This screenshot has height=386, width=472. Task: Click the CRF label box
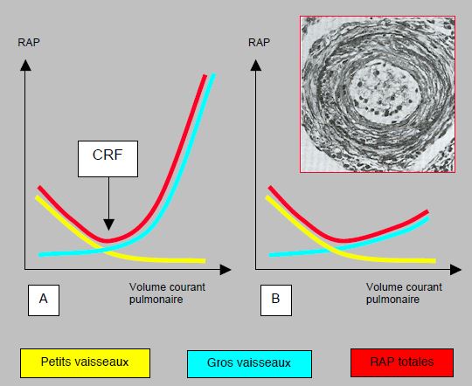pyautogui.click(x=108, y=159)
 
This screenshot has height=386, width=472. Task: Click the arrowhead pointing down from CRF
pyautogui.click(x=108, y=224)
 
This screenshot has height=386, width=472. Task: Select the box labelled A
pyautogui.click(x=44, y=300)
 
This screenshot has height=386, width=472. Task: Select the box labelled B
pyautogui.click(x=276, y=300)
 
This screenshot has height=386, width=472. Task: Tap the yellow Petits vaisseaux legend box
pyautogui.click(x=85, y=362)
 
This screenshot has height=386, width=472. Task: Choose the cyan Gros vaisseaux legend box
pyautogui.click(x=249, y=364)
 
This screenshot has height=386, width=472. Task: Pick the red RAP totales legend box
pyautogui.click(x=402, y=362)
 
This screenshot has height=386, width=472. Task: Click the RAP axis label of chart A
pyautogui.click(x=29, y=43)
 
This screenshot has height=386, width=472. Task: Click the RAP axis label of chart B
pyautogui.click(x=259, y=43)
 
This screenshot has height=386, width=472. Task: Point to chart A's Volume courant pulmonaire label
pyautogui.click(x=167, y=293)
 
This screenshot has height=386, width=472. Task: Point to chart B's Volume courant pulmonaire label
pyautogui.click(x=404, y=293)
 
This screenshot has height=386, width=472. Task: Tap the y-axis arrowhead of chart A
pyautogui.click(x=25, y=65)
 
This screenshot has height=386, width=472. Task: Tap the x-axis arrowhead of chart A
pyautogui.click(x=226, y=270)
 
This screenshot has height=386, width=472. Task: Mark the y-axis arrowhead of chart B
pyautogui.click(x=256, y=65)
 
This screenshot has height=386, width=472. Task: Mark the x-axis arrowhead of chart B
pyautogui.click(x=455, y=270)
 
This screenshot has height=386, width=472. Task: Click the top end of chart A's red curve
pyautogui.click(x=205, y=75)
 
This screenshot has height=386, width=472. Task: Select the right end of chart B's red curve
pyautogui.click(x=427, y=212)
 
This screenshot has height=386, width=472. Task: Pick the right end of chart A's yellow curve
pyautogui.click(x=205, y=261)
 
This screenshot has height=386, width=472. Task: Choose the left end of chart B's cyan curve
pyautogui.click(x=270, y=255)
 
